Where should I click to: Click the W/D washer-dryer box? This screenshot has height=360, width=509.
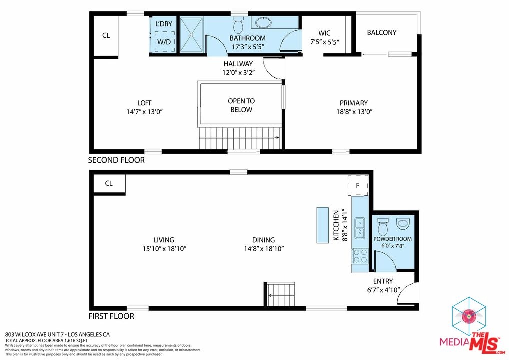[165, 41]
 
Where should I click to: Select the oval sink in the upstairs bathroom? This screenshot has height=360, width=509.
[264, 22]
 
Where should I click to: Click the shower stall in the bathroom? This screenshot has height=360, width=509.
[191, 34]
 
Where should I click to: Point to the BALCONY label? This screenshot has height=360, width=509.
[382, 33]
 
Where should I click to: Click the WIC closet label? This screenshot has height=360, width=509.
[324, 33]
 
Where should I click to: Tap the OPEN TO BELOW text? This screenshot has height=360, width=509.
[241, 105]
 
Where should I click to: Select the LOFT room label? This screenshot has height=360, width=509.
[144, 103]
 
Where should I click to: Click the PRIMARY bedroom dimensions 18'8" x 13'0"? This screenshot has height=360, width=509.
[354, 112]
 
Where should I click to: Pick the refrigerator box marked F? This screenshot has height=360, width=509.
[358, 185]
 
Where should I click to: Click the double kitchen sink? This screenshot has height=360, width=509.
[359, 228]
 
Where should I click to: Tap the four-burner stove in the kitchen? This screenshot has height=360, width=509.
[360, 256]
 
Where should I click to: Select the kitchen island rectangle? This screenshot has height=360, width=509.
[322, 225]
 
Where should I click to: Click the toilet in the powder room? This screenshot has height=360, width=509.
[383, 226]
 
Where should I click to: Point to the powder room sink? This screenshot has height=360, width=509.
[403, 223]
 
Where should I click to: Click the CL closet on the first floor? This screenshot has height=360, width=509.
[109, 183]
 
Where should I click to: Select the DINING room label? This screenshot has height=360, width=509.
[263, 240]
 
